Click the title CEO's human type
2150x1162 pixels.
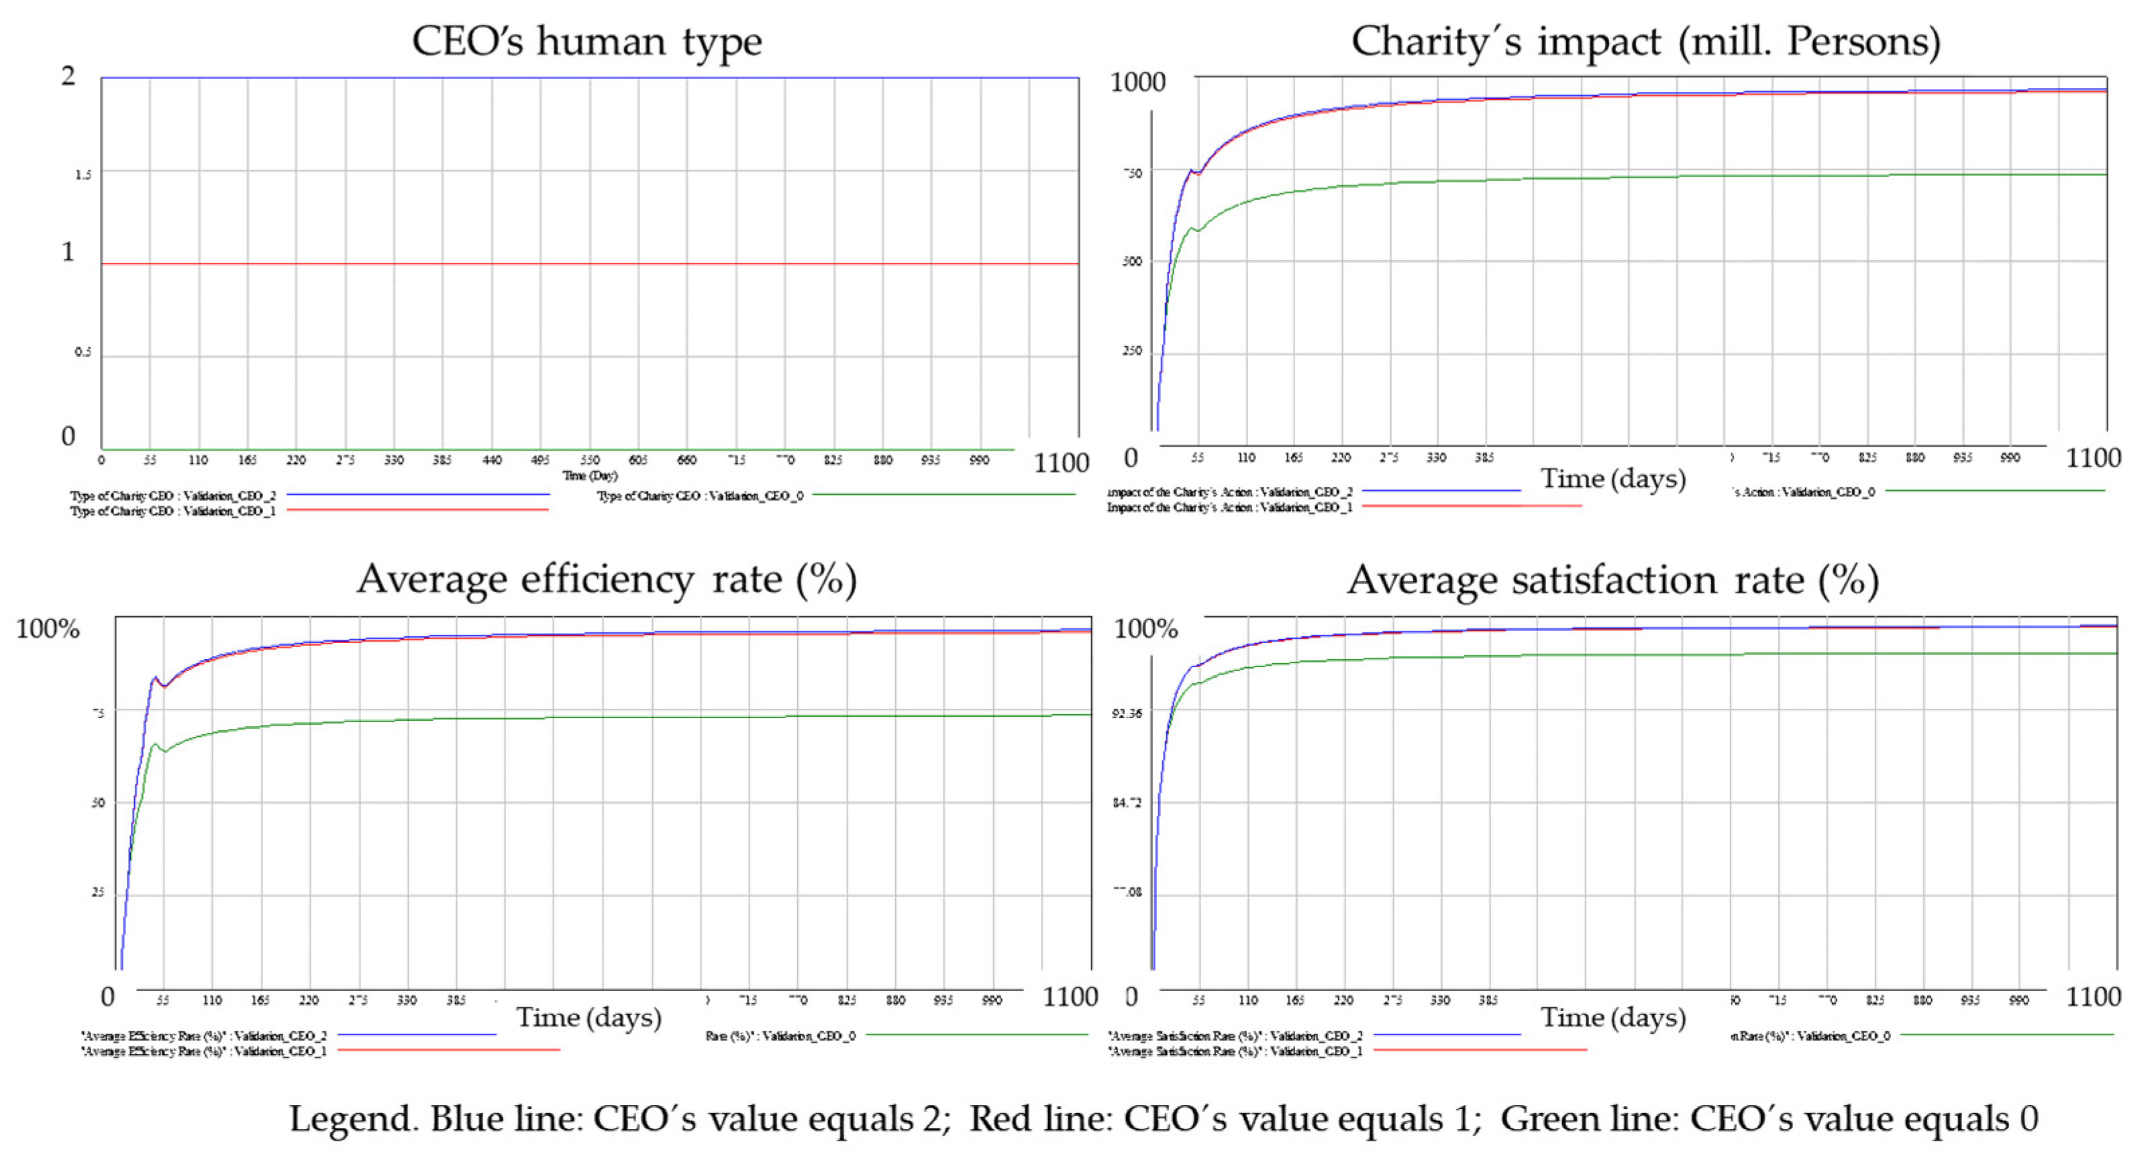(x=586, y=42)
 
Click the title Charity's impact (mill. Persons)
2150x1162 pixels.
(x=1645, y=42)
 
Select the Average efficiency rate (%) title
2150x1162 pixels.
(x=607, y=580)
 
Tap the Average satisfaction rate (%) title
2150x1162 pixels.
(x=1612, y=581)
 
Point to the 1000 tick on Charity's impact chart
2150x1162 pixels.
(x=1137, y=82)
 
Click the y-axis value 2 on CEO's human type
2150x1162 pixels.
(x=68, y=76)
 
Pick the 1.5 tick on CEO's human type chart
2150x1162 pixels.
(x=83, y=174)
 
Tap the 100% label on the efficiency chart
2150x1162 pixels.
(x=48, y=628)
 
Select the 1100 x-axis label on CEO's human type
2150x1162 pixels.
(x=1061, y=463)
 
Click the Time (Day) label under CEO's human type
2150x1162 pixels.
(x=589, y=475)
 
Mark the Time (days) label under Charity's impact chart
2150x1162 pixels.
(x=1612, y=479)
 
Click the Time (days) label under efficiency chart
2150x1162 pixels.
(x=588, y=1018)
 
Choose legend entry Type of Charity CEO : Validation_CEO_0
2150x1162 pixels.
(x=699, y=496)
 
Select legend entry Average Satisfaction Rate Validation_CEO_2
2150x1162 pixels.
(x=1235, y=1035)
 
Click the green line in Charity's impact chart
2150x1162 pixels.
(x=1586, y=178)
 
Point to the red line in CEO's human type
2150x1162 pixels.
(x=584, y=264)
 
